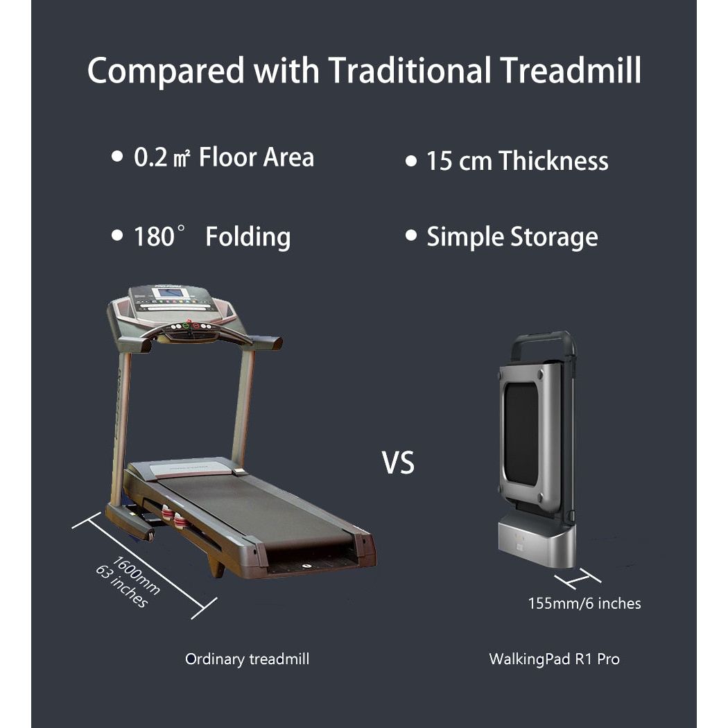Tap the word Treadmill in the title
(x=568, y=71)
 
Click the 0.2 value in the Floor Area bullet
(x=150, y=157)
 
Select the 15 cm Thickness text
(x=517, y=161)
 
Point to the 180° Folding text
(x=211, y=237)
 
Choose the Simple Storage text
(x=512, y=237)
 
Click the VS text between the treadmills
(x=398, y=463)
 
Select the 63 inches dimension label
(x=122, y=587)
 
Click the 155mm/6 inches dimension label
(x=584, y=603)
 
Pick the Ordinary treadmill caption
(x=247, y=659)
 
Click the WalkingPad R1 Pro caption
(x=554, y=659)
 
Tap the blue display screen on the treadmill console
(x=171, y=293)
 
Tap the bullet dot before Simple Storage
(x=411, y=236)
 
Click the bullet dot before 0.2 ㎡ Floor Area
(x=116, y=157)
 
